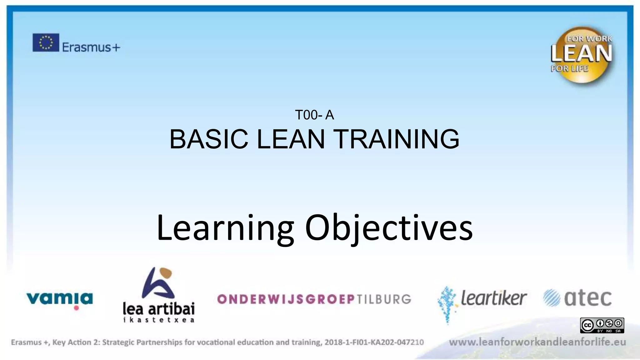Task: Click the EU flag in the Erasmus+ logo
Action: click(46, 42)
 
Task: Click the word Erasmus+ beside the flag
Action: click(91, 47)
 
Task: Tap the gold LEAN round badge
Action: click(582, 55)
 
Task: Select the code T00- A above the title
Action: click(314, 115)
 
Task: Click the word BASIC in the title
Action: click(208, 139)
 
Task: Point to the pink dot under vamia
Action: click(76, 308)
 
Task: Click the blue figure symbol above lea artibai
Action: click(158, 283)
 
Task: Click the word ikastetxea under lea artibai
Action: click(158, 320)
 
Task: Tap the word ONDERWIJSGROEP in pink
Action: click(286, 299)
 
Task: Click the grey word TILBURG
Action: click(384, 299)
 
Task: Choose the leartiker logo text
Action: click(493, 298)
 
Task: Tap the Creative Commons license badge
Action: click(602, 325)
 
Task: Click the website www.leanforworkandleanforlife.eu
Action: click(537, 342)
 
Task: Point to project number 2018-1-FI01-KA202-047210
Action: click(374, 342)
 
